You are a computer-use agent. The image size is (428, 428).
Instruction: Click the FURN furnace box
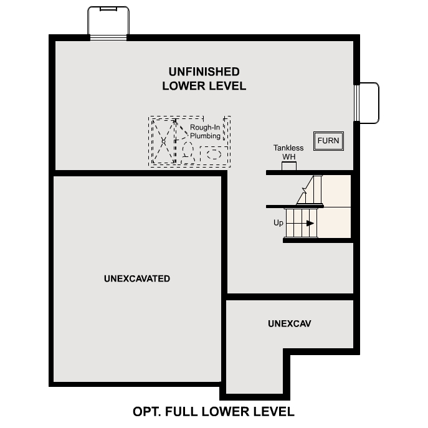(x=328, y=140)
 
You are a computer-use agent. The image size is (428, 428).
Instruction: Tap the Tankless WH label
(x=288, y=152)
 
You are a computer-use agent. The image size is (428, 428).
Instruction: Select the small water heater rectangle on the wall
(x=289, y=166)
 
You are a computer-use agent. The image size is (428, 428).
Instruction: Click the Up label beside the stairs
(x=278, y=222)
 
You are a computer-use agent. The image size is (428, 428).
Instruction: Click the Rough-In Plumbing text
(x=204, y=131)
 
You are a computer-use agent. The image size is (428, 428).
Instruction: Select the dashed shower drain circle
(x=163, y=141)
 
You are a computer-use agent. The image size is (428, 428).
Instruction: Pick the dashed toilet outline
(x=188, y=150)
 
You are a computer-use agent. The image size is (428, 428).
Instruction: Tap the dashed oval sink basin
(x=214, y=153)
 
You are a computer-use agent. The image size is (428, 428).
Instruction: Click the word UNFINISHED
(x=204, y=72)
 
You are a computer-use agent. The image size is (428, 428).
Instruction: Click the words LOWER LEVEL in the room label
(x=204, y=86)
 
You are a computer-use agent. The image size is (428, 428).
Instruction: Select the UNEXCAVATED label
(x=137, y=278)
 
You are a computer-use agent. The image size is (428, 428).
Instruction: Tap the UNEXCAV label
(x=290, y=324)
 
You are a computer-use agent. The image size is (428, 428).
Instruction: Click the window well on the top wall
(x=108, y=22)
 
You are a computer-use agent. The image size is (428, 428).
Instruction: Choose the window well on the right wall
(x=368, y=103)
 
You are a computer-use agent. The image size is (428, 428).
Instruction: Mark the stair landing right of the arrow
(x=335, y=222)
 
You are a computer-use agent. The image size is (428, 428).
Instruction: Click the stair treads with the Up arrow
(x=302, y=222)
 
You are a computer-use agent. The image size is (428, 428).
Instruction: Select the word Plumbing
(x=205, y=136)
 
